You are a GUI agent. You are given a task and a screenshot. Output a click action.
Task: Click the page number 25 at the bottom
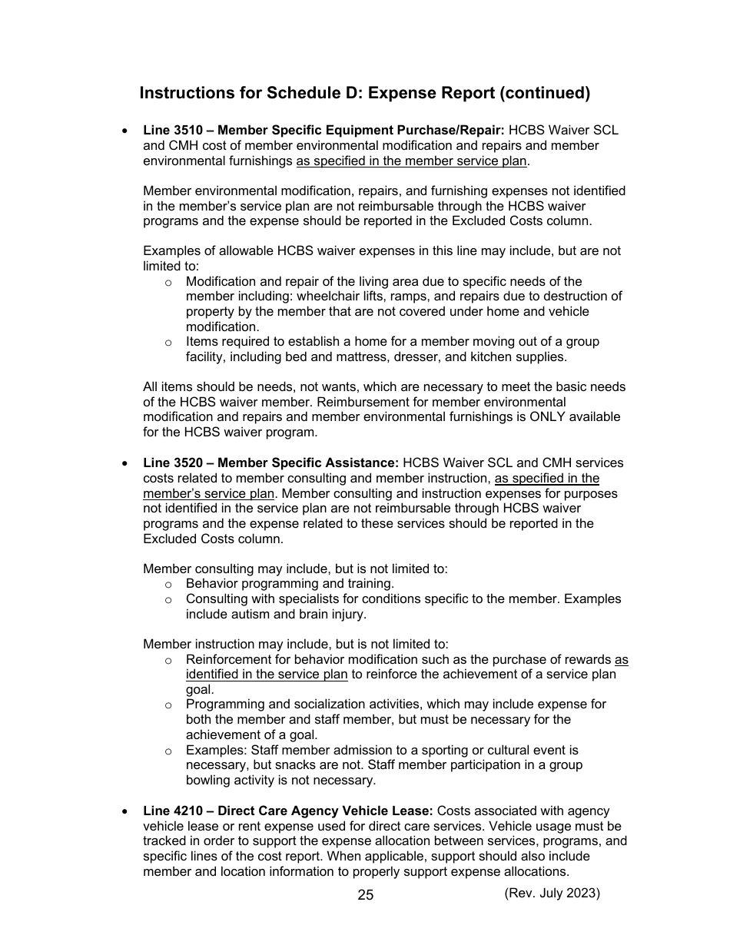pyautogui.click(x=365, y=895)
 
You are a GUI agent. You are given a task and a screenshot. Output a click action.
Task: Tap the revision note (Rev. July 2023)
pyautogui.click(x=552, y=893)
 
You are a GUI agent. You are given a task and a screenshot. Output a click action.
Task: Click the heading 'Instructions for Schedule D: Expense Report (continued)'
pyautogui.click(x=364, y=93)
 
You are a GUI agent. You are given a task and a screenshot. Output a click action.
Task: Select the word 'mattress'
pyautogui.click(x=374, y=357)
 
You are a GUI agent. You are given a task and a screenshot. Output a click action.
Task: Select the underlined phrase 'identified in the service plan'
pyautogui.click(x=267, y=675)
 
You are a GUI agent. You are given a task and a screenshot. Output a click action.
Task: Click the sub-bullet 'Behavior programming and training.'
pyautogui.click(x=290, y=584)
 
